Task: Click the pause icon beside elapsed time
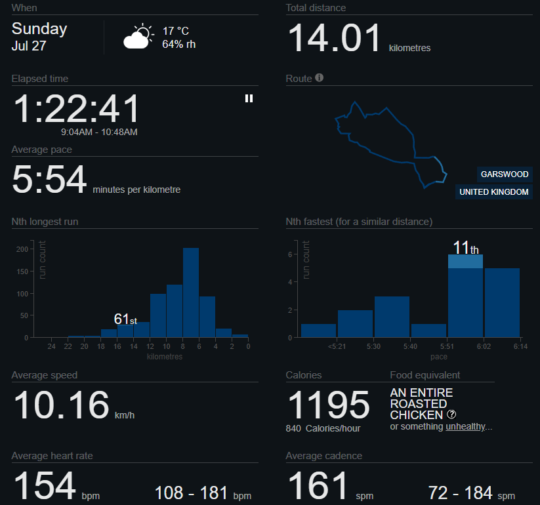pyautogui.click(x=249, y=98)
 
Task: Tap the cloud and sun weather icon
pyautogui.click(x=138, y=37)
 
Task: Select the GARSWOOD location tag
pyautogui.click(x=504, y=174)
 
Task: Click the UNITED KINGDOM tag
pyautogui.click(x=493, y=192)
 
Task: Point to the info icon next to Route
pyautogui.click(x=320, y=78)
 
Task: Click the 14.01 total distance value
pyautogui.click(x=335, y=38)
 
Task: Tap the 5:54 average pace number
pyautogui.click(x=49, y=180)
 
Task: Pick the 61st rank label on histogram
pyautogui.click(x=125, y=319)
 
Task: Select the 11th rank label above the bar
pyautogui.click(x=466, y=248)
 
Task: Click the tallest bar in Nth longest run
pyautogui.click(x=191, y=292)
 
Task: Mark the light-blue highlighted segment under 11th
pyautogui.click(x=466, y=261)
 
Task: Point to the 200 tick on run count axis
pyautogui.click(x=24, y=249)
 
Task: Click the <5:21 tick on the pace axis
pyautogui.click(x=335, y=346)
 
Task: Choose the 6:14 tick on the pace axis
pyautogui.click(x=520, y=346)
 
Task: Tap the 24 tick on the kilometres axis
pyautogui.click(x=51, y=346)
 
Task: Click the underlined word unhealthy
pyautogui.click(x=466, y=426)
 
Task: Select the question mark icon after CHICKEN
pyautogui.click(x=451, y=415)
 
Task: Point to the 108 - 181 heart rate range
pyautogui.click(x=202, y=493)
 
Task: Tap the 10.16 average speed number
pyautogui.click(x=61, y=405)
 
